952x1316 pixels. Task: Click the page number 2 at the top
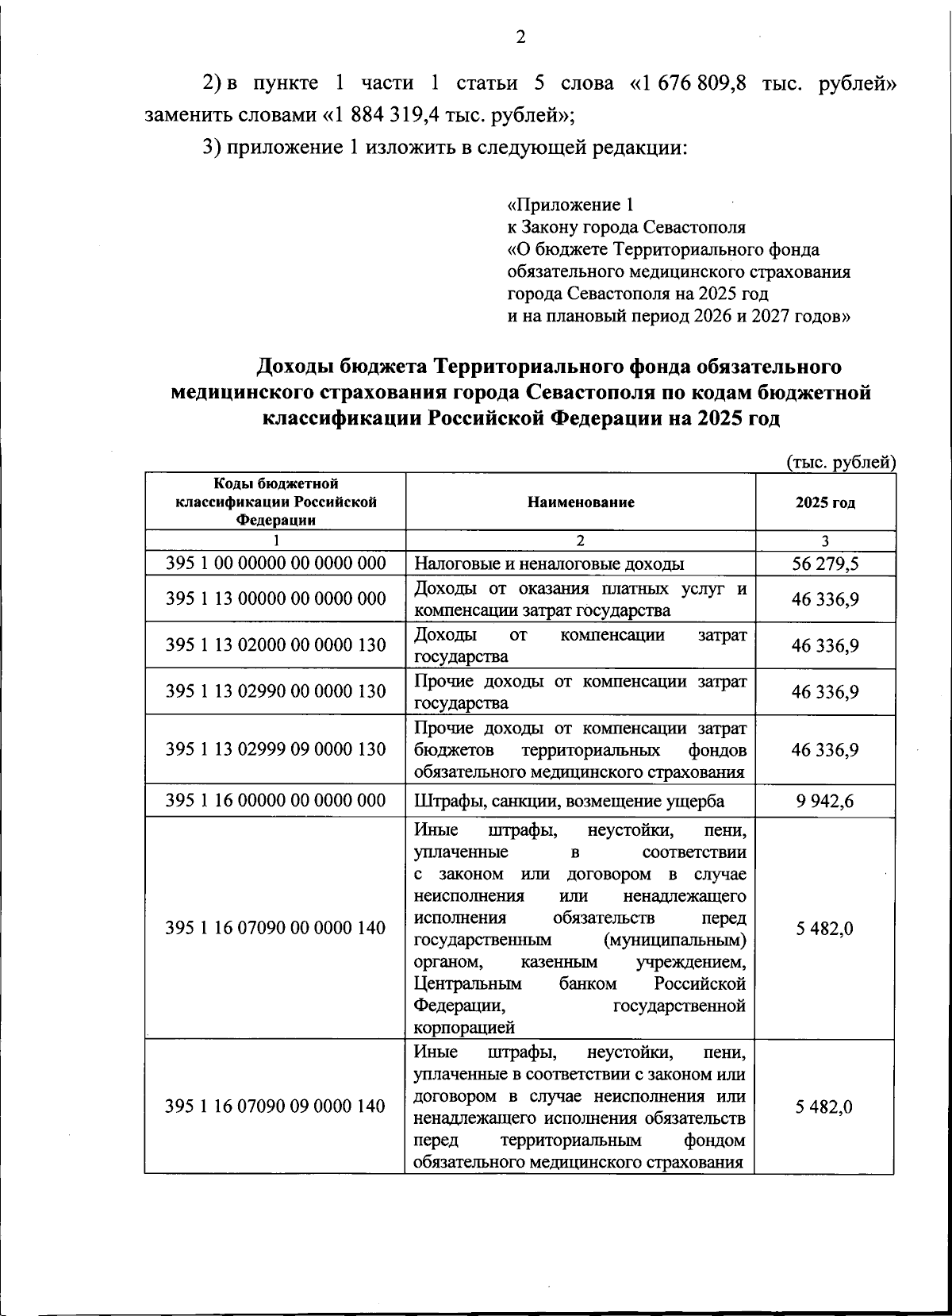[x=520, y=37]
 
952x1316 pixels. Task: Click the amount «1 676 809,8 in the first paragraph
[x=688, y=84]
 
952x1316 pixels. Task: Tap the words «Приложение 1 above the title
[x=570, y=205]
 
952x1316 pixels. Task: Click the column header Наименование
[x=580, y=502]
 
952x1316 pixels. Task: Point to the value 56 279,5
[x=825, y=564]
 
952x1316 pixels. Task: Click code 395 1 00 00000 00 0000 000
[x=275, y=564]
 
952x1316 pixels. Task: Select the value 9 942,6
[x=825, y=801]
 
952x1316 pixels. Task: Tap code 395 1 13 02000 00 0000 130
[x=275, y=645]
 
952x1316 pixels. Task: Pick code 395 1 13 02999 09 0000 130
[x=275, y=749]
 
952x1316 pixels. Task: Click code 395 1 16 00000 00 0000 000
[x=275, y=800]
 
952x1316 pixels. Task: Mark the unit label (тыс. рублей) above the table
[x=840, y=463]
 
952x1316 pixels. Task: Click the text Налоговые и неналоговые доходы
[x=549, y=564]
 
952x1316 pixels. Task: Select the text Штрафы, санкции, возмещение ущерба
[x=569, y=801]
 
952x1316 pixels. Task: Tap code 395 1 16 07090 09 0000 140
[x=275, y=1106]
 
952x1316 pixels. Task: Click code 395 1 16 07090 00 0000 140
[x=275, y=927]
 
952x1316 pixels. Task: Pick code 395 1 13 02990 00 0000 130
[x=275, y=691]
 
